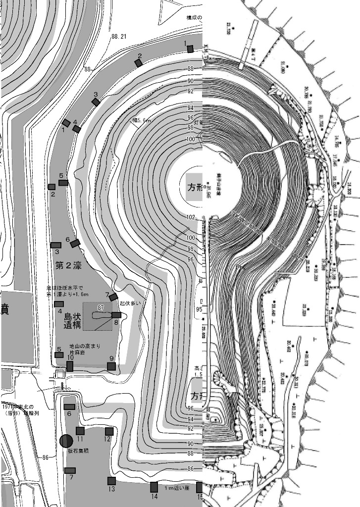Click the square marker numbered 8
click(x=116, y=315)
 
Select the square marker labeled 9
click(x=111, y=366)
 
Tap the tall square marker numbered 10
click(x=70, y=366)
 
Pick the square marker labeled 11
click(x=80, y=431)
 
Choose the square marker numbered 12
click(x=109, y=431)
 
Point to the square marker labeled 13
click(x=111, y=481)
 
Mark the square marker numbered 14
click(x=154, y=487)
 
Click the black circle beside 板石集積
click(x=66, y=440)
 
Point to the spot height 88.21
click(x=119, y=37)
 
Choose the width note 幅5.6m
click(x=142, y=120)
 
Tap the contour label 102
click(x=191, y=217)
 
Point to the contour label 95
click(x=199, y=309)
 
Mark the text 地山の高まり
click(x=83, y=347)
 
